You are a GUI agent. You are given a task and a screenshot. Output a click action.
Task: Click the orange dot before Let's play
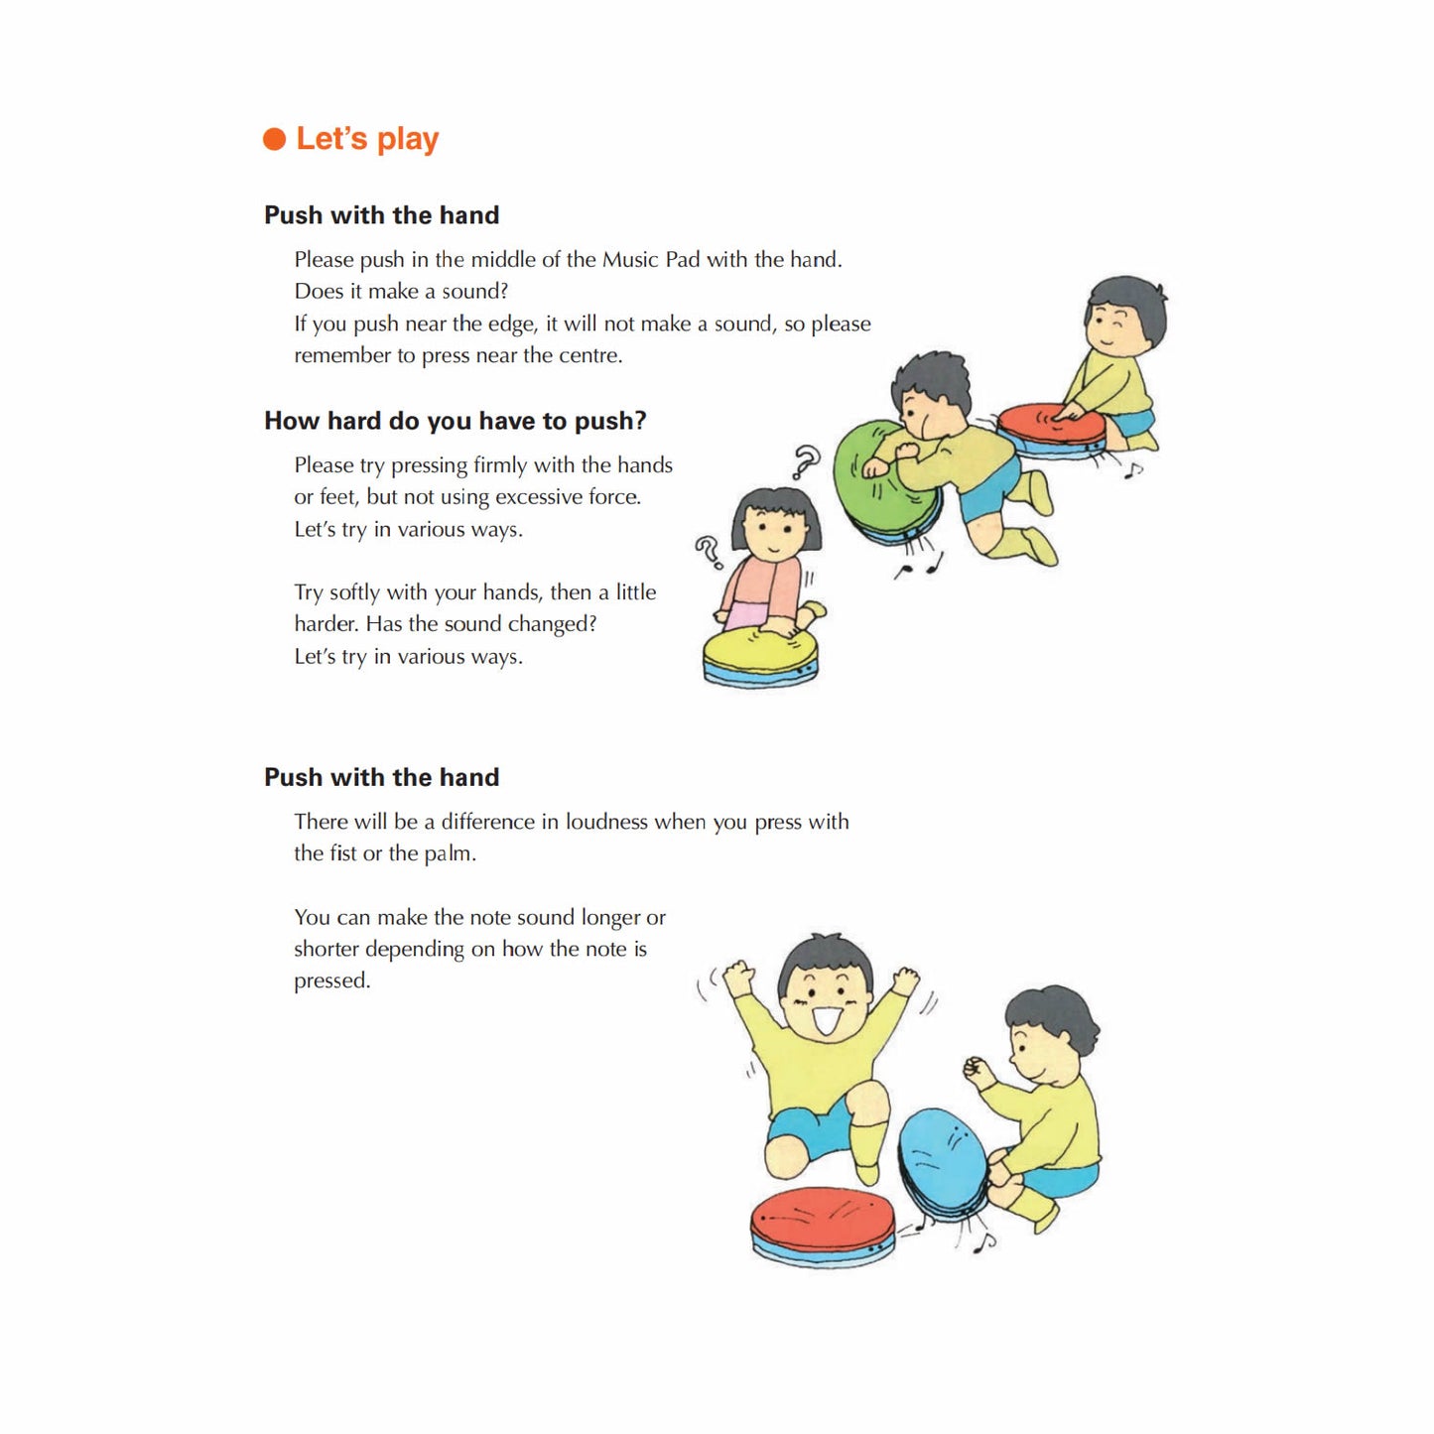tap(274, 139)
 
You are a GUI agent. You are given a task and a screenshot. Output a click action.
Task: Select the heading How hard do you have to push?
tap(455, 421)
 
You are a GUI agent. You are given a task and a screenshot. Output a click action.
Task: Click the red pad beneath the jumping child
tap(822, 1221)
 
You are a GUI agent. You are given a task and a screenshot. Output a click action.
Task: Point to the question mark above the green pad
tap(807, 461)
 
